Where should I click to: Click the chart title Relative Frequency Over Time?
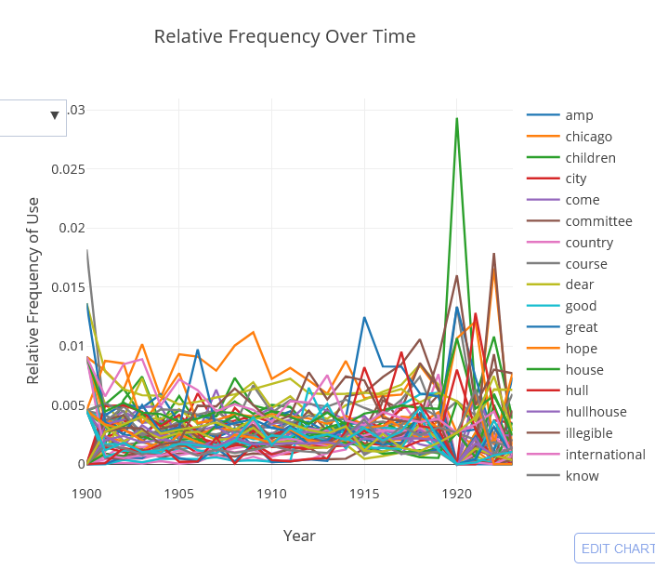(284, 36)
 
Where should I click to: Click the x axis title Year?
(299, 536)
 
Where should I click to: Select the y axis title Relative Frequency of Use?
(33, 290)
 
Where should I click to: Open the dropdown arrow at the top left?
(55, 115)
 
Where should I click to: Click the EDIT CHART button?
(616, 549)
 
